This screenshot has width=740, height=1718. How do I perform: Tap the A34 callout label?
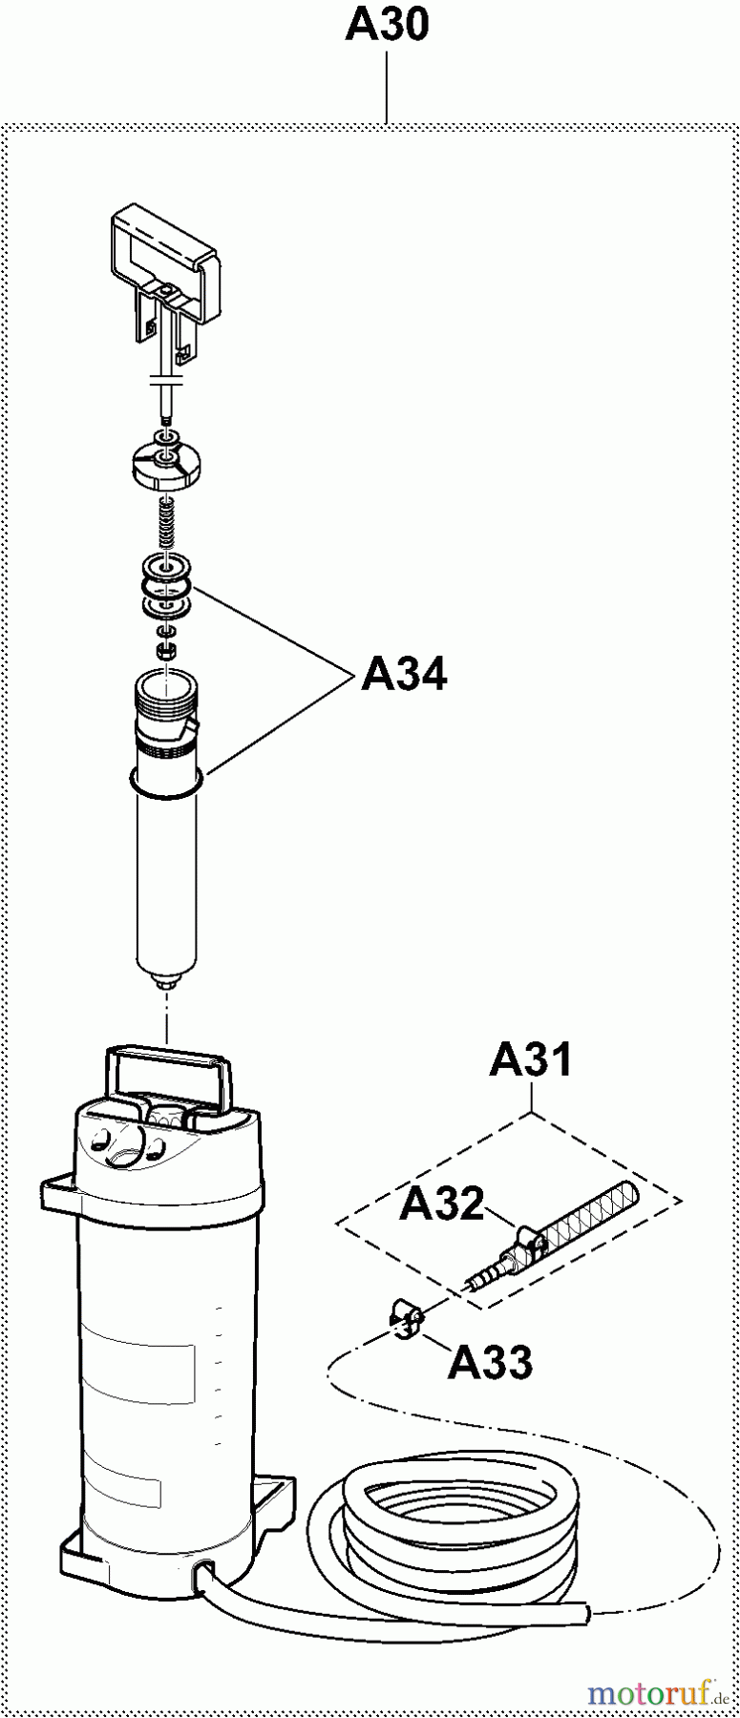pyautogui.click(x=404, y=675)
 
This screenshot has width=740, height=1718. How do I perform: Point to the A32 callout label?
pyautogui.click(x=442, y=1204)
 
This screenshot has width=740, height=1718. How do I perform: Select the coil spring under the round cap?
pyautogui.click(x=168, y=520)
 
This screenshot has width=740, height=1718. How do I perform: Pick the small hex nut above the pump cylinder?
pyautogui.click(x=165, y=651)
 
